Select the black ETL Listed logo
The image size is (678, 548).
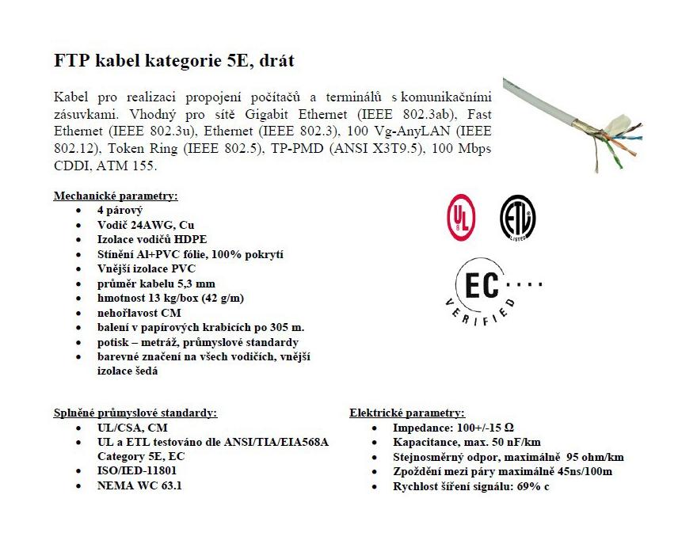click(x=517, y=215)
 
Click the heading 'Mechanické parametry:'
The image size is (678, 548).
click(x=116, y=196)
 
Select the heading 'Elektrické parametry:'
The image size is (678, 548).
click(x=407, y=413)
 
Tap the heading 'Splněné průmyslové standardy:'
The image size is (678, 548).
click(x=135, y=413)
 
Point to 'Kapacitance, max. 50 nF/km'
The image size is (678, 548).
click(x=467, y=442)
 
